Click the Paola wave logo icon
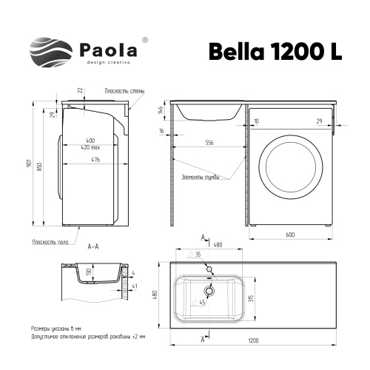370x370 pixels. (x=50, y=52)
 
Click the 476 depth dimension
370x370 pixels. (x=92, y=160)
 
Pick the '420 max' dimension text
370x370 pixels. (x=90, y=147)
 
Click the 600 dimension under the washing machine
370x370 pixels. (x=291, y=236)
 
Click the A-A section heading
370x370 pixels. (x=94, y=245)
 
